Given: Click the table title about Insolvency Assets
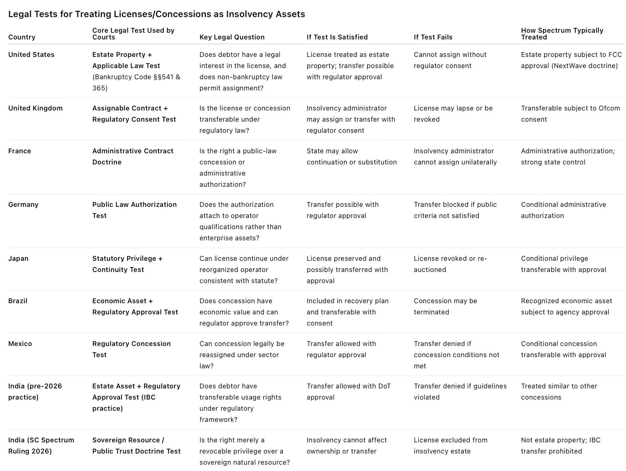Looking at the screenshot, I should pyautogui.click(x=156, y=14).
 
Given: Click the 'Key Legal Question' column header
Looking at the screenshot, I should pyautogui.click(x=232, y=37).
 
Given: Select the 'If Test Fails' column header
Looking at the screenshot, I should pyautogui.click(x=433, y=37).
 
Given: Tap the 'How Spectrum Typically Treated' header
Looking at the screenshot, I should pyautogui.click(x=562, y=34).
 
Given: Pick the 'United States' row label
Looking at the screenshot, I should pyautogui.click(x=31, y=55).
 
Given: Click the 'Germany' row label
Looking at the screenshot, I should pyautogui.click(x=23, y=205).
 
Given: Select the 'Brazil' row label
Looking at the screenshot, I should pyautogui.click(x=18, y=301).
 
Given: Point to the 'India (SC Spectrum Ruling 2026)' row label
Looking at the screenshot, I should pyautogui.click(x=41, y=445).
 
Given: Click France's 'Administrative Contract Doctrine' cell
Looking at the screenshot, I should pyautogui.click(x=132, y=157).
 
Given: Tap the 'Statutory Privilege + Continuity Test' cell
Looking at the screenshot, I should pyautogui.click(x=127, y=264).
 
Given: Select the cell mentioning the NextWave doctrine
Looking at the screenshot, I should pyautogui.click(x=571, y=60).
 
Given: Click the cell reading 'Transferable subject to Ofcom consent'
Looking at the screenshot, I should pyautogui.click(x=570, y=114).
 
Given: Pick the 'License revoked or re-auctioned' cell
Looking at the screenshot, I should pyautogui.click(x=450, y=264).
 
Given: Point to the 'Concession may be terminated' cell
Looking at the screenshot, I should pyautogui.click(x=445, y=307).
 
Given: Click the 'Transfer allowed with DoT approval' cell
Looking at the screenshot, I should pyautogui.click(x=348, y=392).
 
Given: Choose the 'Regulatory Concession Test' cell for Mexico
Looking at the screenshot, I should pyautogui.click(x=131, y=349).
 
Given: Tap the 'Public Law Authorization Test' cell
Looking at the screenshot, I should pyautogui.click(x=134, y=210).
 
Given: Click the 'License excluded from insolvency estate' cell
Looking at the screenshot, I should pyautogui.click(x=450, y=445).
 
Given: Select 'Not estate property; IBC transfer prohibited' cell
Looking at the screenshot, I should pyautogui.click(x=560, y=445).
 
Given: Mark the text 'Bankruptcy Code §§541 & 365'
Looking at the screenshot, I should pyautogui.click(x=136, y=83).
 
